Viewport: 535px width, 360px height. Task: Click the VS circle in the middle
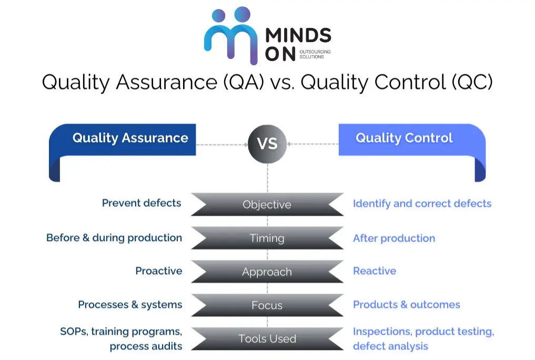[267, 143]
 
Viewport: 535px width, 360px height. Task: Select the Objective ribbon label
[267, 204]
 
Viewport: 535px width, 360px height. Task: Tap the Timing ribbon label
[267, 238]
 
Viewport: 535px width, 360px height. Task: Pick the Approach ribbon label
[267, 272]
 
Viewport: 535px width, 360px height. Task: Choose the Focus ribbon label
[267, 305]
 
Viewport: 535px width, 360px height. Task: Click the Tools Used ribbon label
[267, 339]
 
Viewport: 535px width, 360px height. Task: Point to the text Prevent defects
[142, 203]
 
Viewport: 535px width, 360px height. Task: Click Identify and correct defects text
[422, 204]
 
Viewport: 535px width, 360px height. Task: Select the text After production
[394, 238]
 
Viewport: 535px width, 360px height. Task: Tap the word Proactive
[159, 271]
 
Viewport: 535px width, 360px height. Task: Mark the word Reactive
[375, 271]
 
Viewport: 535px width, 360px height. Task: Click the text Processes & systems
[130, 305]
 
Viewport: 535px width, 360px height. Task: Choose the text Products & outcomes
[407, 305]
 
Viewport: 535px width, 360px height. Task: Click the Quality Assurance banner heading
[130, 138]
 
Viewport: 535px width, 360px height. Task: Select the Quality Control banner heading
[404, 138]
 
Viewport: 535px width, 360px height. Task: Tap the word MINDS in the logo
[298, 36]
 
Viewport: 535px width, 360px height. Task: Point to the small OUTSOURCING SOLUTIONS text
[315, 54]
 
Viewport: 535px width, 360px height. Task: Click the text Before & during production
[114, 237]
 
